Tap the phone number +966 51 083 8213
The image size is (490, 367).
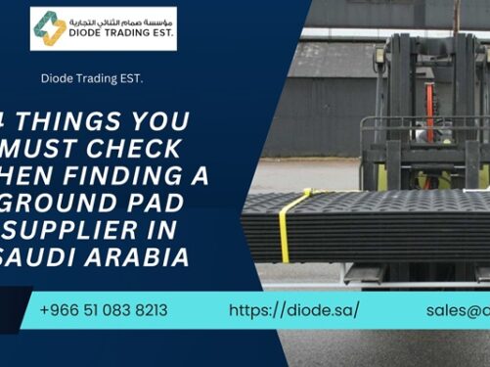(104, 310)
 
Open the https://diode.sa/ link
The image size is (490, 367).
(293, 310)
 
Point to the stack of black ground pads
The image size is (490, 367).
(391, 225)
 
